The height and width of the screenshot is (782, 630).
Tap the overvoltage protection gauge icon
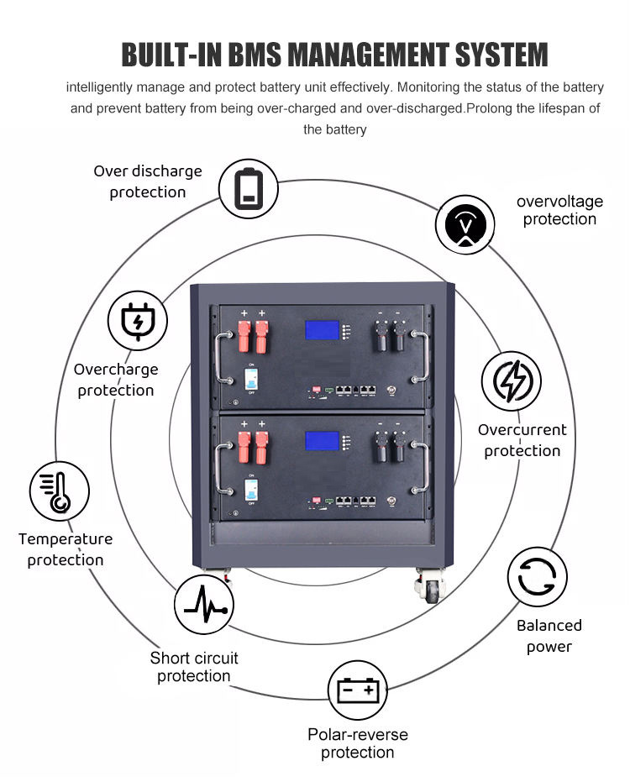(465, 224)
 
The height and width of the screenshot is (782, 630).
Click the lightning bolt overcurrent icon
(511, 382)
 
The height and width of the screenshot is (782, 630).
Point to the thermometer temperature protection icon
(59, 491)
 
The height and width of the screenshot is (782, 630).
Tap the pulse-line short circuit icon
(203, 604)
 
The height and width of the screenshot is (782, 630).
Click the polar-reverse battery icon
(358, 690)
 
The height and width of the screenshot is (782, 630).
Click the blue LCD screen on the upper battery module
(322, 332)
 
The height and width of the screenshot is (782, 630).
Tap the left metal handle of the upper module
(223, 358)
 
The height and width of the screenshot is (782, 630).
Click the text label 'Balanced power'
(549, 636)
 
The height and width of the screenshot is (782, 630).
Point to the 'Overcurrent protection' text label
(522, 440)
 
